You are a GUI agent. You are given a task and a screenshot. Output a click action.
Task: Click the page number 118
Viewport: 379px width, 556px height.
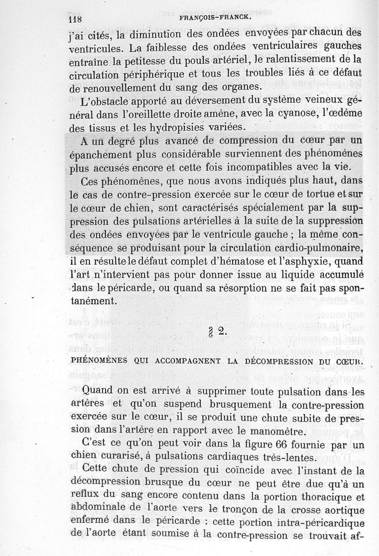pyautogui.click(x=75, y=20)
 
